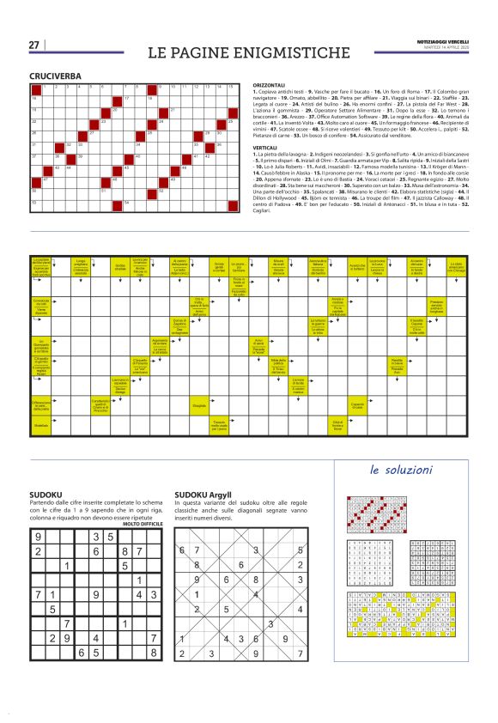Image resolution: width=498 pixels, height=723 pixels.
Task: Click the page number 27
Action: click(33, 45)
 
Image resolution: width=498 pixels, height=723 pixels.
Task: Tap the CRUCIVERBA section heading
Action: click(55, 76)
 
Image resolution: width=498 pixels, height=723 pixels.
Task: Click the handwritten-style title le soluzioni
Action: click(401, 470)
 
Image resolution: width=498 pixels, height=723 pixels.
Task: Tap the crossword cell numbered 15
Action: click(230, 88)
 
